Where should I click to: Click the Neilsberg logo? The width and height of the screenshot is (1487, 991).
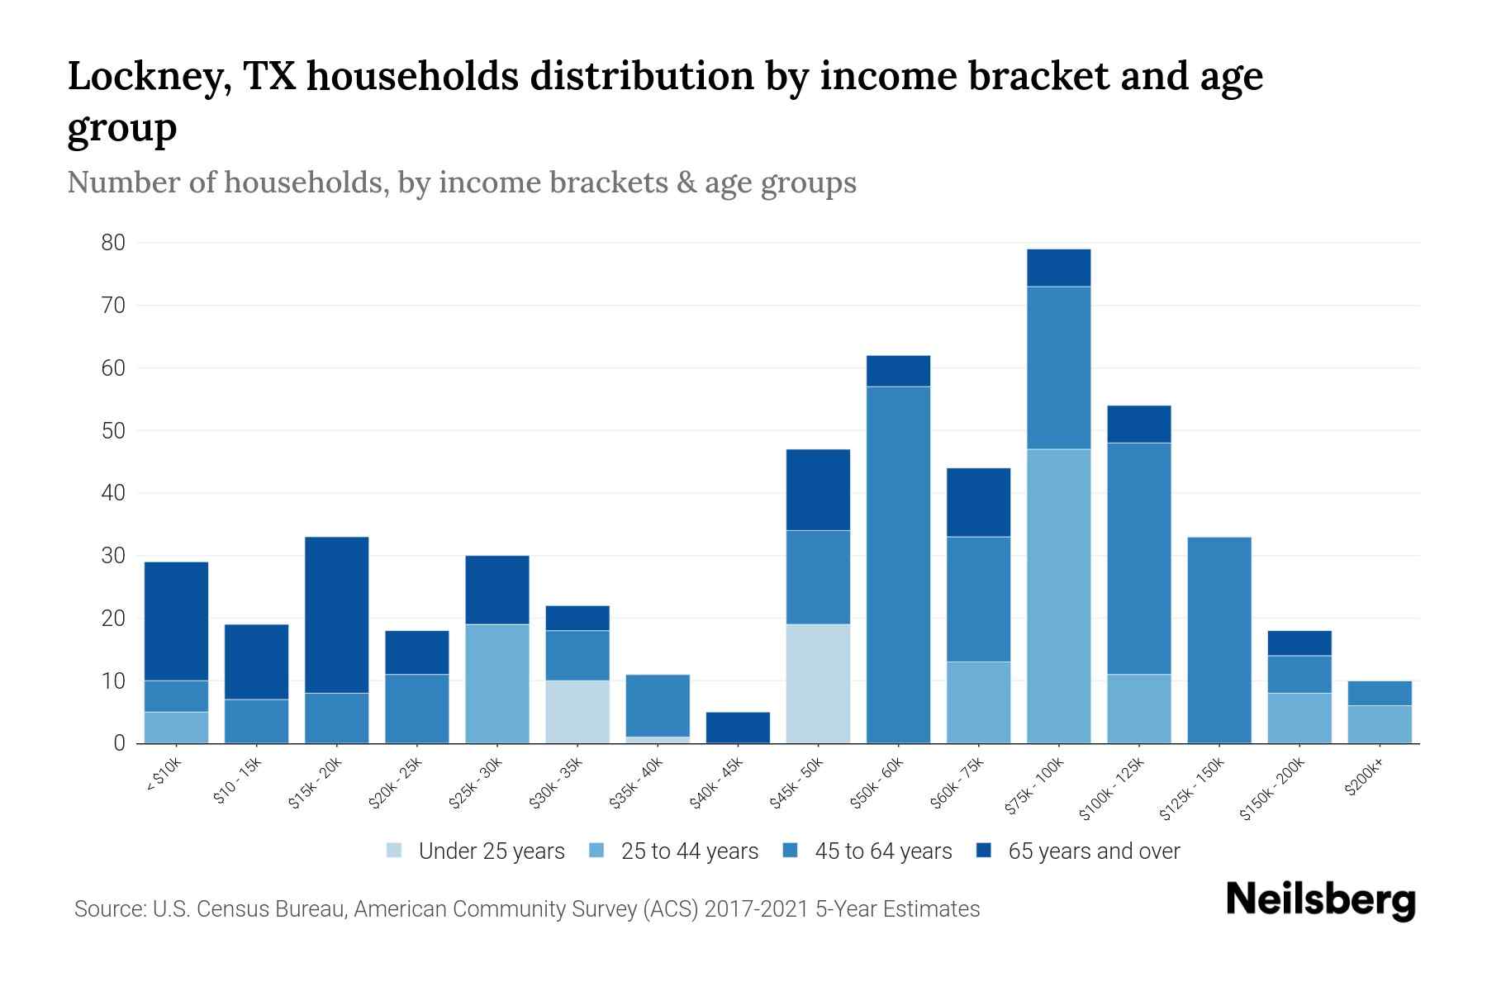click(1320, 900)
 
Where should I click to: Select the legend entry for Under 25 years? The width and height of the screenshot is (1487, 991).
click(491, 851)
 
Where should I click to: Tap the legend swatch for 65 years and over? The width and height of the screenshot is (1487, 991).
click(984, 851)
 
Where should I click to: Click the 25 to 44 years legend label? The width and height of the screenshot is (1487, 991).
click(689, 851)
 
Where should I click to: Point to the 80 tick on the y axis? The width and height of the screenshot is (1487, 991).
click(114, 243)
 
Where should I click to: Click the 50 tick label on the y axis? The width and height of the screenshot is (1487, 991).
click(114, 431)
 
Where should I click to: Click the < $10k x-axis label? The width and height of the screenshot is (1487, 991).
click(164, 776)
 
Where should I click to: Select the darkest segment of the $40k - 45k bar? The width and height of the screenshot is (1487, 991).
click(738, 728)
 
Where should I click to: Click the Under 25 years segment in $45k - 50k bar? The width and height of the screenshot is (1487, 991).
click(818, 684)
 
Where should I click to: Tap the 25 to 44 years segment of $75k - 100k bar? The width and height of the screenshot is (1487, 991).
click(1058, 596)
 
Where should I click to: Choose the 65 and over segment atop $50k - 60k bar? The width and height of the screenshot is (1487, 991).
click(898, 372)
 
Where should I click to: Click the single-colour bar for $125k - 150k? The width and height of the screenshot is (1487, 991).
click(1219, 640)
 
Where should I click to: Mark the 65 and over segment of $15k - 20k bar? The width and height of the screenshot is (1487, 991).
click(336, 615)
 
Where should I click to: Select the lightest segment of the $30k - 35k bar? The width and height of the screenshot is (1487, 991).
click(577, 712)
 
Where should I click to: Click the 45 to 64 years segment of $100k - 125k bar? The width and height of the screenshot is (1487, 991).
click(1138, 559)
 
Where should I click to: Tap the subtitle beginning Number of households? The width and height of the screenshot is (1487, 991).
click(461, 183)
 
